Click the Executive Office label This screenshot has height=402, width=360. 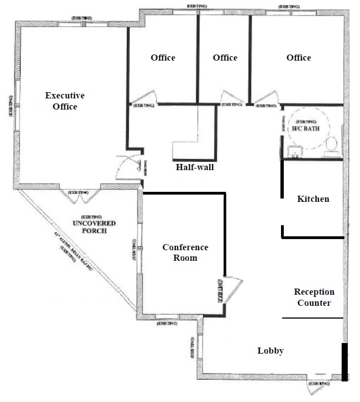[x=65, y=101]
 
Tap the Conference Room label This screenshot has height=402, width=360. [x=185, y=252]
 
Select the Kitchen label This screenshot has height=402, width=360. [x=313, y=198]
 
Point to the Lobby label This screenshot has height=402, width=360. [x=270, y=351]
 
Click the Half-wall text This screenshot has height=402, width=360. [x=194, y=167]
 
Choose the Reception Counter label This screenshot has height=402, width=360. [x=314, y=297]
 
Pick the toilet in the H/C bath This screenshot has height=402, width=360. [x=332, y=144]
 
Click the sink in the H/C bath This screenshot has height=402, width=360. [x=294, y=151]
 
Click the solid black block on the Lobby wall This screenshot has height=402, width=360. [x=345, y=361]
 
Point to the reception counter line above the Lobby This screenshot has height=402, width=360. [x=312, y=318]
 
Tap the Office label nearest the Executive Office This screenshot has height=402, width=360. [x=163, y=58]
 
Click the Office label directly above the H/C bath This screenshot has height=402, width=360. [x=299, y=58]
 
